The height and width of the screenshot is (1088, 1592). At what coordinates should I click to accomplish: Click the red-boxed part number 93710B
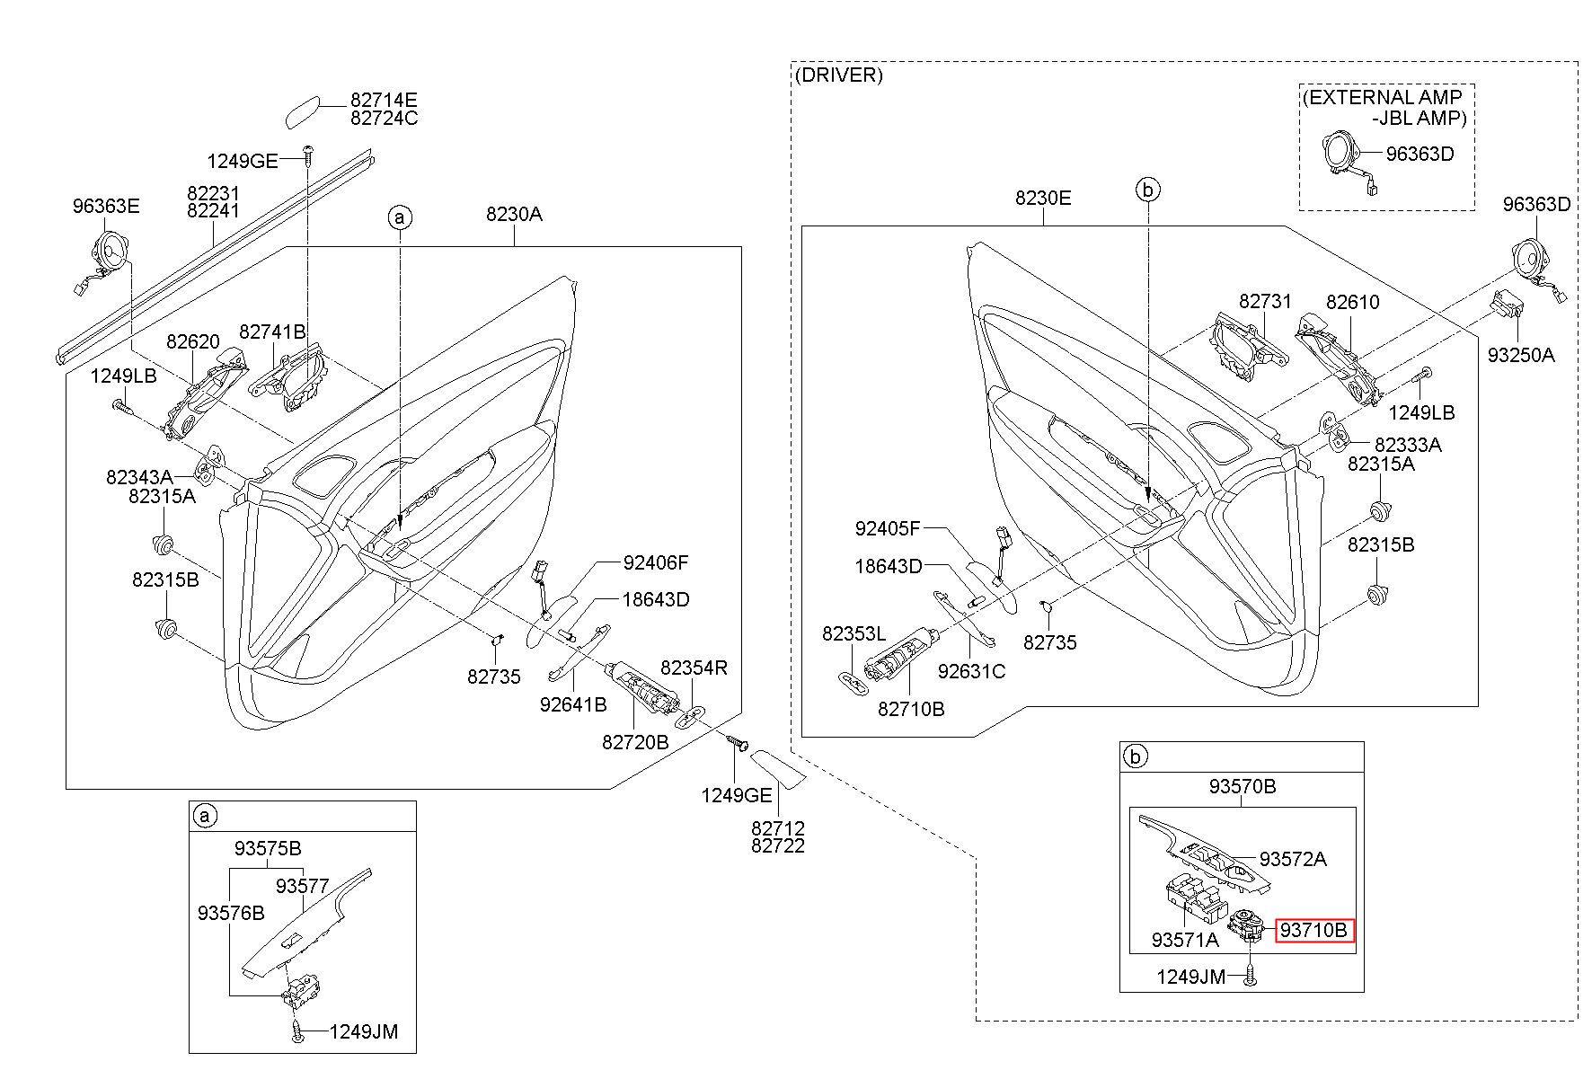tap(1314, 930)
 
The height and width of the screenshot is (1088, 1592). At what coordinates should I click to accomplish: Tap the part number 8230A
tap(514, 214)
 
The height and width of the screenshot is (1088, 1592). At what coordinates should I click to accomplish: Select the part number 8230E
tap(1043, 198)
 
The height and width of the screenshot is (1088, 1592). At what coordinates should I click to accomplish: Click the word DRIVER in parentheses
tap(838, 75)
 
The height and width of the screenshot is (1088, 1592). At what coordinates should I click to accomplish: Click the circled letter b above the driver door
tap(1148, 190)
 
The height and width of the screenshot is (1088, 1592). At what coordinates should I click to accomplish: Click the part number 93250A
tap(1520, 354)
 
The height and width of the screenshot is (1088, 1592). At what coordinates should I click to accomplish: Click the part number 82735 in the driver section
tap(1050, 642)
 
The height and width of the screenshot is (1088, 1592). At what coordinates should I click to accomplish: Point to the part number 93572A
tap(1293, 859)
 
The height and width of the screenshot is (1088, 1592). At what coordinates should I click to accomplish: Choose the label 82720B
tap(635, 742)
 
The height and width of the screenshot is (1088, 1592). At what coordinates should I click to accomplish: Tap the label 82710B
tap(911, 709)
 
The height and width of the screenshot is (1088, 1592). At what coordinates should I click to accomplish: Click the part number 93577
tap(303, 886)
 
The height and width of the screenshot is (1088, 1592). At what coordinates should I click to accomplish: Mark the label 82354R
tap(694, 668)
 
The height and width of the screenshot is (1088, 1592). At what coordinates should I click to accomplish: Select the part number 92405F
tap(889, 528)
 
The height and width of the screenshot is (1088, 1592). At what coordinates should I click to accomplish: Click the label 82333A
tap(1408, 445)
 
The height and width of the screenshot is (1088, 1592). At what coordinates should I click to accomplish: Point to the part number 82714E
tap(384, 101)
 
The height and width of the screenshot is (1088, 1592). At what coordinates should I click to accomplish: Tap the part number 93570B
tap(1242, 786)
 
